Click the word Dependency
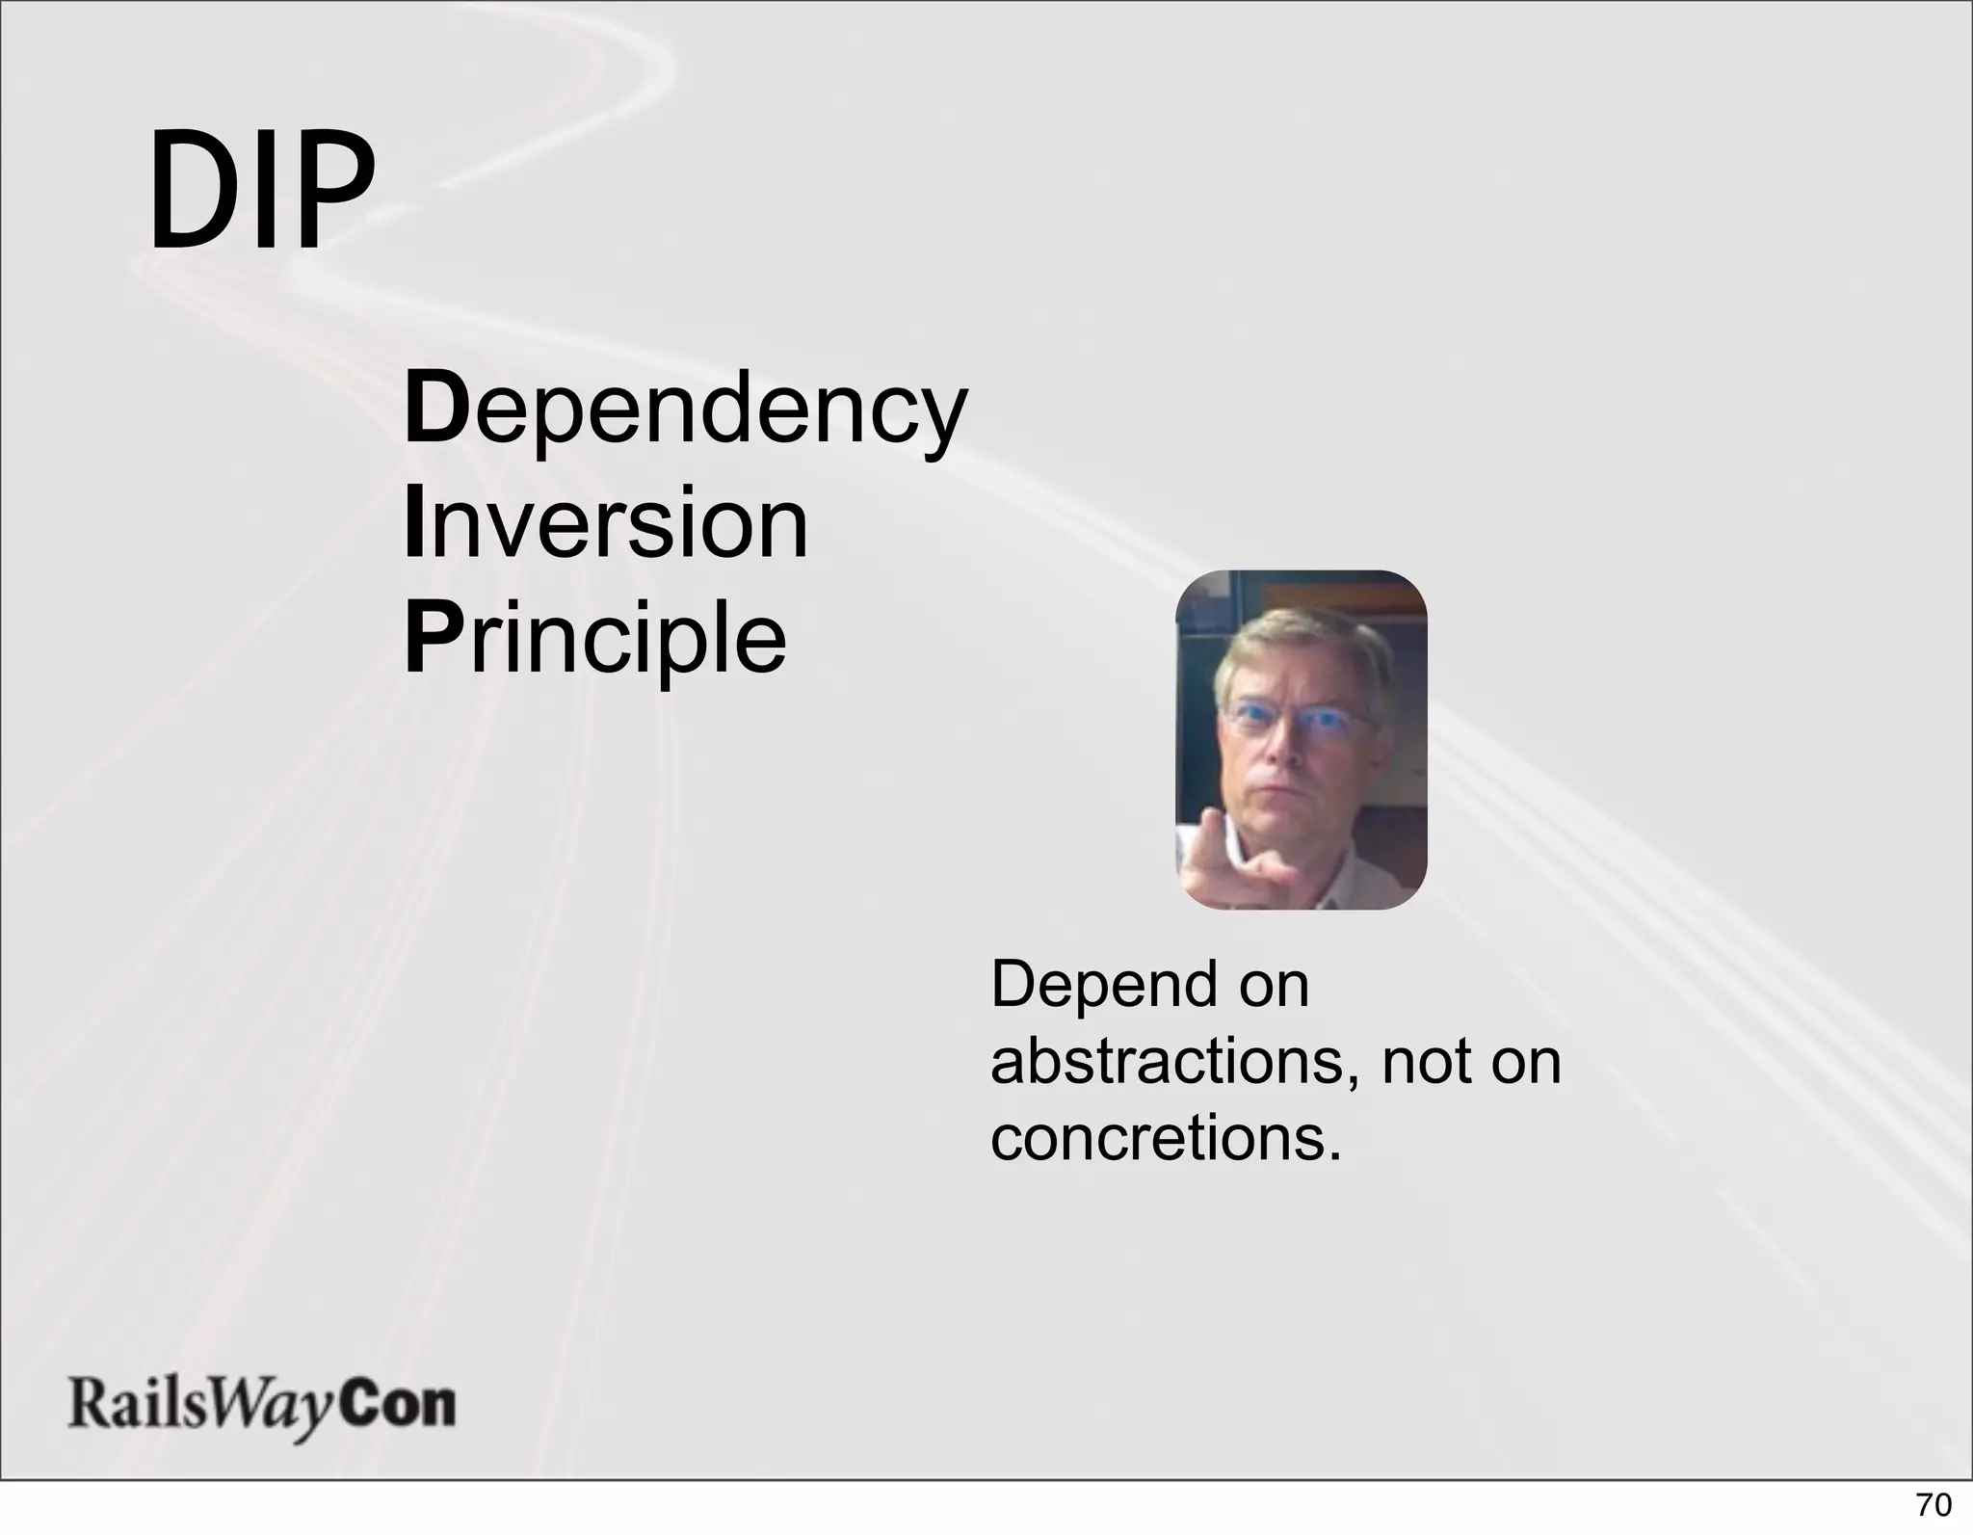pos(684,412)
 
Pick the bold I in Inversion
pos(414,525)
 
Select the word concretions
pos(1166,1138)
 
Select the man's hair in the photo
pos(1301,646)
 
